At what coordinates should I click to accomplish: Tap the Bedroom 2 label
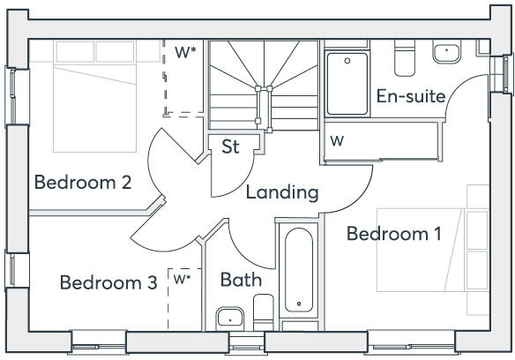click(83, 183)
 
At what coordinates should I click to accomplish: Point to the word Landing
click(281, 192)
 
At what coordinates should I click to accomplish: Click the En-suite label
click(410, 96)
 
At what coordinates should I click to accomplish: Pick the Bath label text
click(241, 281)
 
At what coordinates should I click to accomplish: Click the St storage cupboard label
click(230, 147)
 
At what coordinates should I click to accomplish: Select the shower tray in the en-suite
click(347, 84)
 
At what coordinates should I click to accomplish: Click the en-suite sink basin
click(446, 53)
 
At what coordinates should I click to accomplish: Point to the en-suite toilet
click(404, 57)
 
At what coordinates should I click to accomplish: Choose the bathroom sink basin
click(230, 316)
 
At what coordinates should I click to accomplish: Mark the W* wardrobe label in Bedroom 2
click(185, 52)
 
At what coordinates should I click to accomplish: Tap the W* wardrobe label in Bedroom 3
click(183, 280)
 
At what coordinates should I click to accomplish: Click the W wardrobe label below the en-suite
click(338, 141)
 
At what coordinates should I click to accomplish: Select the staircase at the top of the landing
click(263, 83)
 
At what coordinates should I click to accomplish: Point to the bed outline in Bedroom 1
click(432, 249)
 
